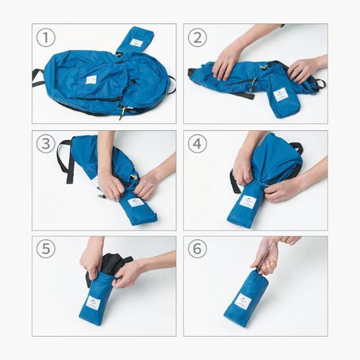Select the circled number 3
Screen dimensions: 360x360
[46, 143]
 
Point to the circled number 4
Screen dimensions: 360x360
[198, 143]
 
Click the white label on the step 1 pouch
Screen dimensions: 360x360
[136, 42]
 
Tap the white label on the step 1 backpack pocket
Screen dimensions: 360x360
[91, 79]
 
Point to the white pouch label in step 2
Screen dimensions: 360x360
[280, 95]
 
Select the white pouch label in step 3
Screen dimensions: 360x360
[135, 202]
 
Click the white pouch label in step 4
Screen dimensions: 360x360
[247, 201]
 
